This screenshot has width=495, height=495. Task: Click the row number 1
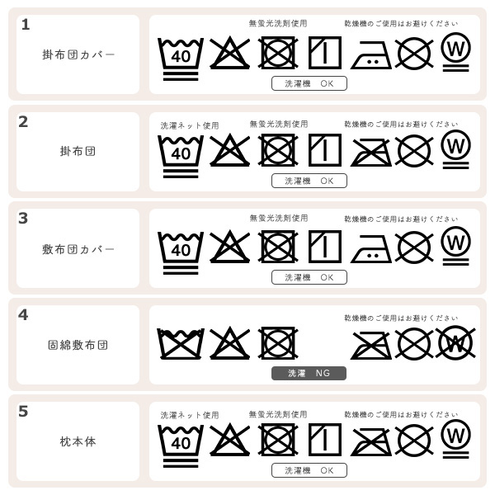[25, 25]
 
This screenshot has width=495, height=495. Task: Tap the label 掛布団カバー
[78, 54]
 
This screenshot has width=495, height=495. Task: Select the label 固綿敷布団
[78, 345]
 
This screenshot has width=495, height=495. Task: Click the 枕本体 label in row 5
[78, 441]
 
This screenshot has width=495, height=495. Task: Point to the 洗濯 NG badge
[309, 373]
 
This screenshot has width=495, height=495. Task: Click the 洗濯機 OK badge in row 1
[309, 83]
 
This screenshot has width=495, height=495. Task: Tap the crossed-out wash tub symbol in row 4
[180, 343]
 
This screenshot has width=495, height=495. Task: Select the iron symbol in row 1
[371, 54]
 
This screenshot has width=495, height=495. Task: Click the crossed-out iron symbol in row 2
[371, 152]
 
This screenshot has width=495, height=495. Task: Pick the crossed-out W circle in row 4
[455, 342]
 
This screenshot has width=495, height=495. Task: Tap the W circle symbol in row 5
[455, 437]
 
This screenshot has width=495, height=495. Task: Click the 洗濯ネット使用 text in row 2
[190, 125]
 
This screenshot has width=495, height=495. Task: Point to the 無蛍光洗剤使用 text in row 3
[279, 218]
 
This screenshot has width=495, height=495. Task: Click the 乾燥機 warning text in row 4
[401, 318]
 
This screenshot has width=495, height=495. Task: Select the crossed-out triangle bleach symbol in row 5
[229, 440]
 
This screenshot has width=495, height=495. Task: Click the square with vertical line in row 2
[324, 151]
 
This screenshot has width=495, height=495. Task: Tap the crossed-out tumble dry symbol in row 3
[278, 247]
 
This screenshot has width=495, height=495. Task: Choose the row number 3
[23, 218]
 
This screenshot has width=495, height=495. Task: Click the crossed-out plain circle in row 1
[414, 54]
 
